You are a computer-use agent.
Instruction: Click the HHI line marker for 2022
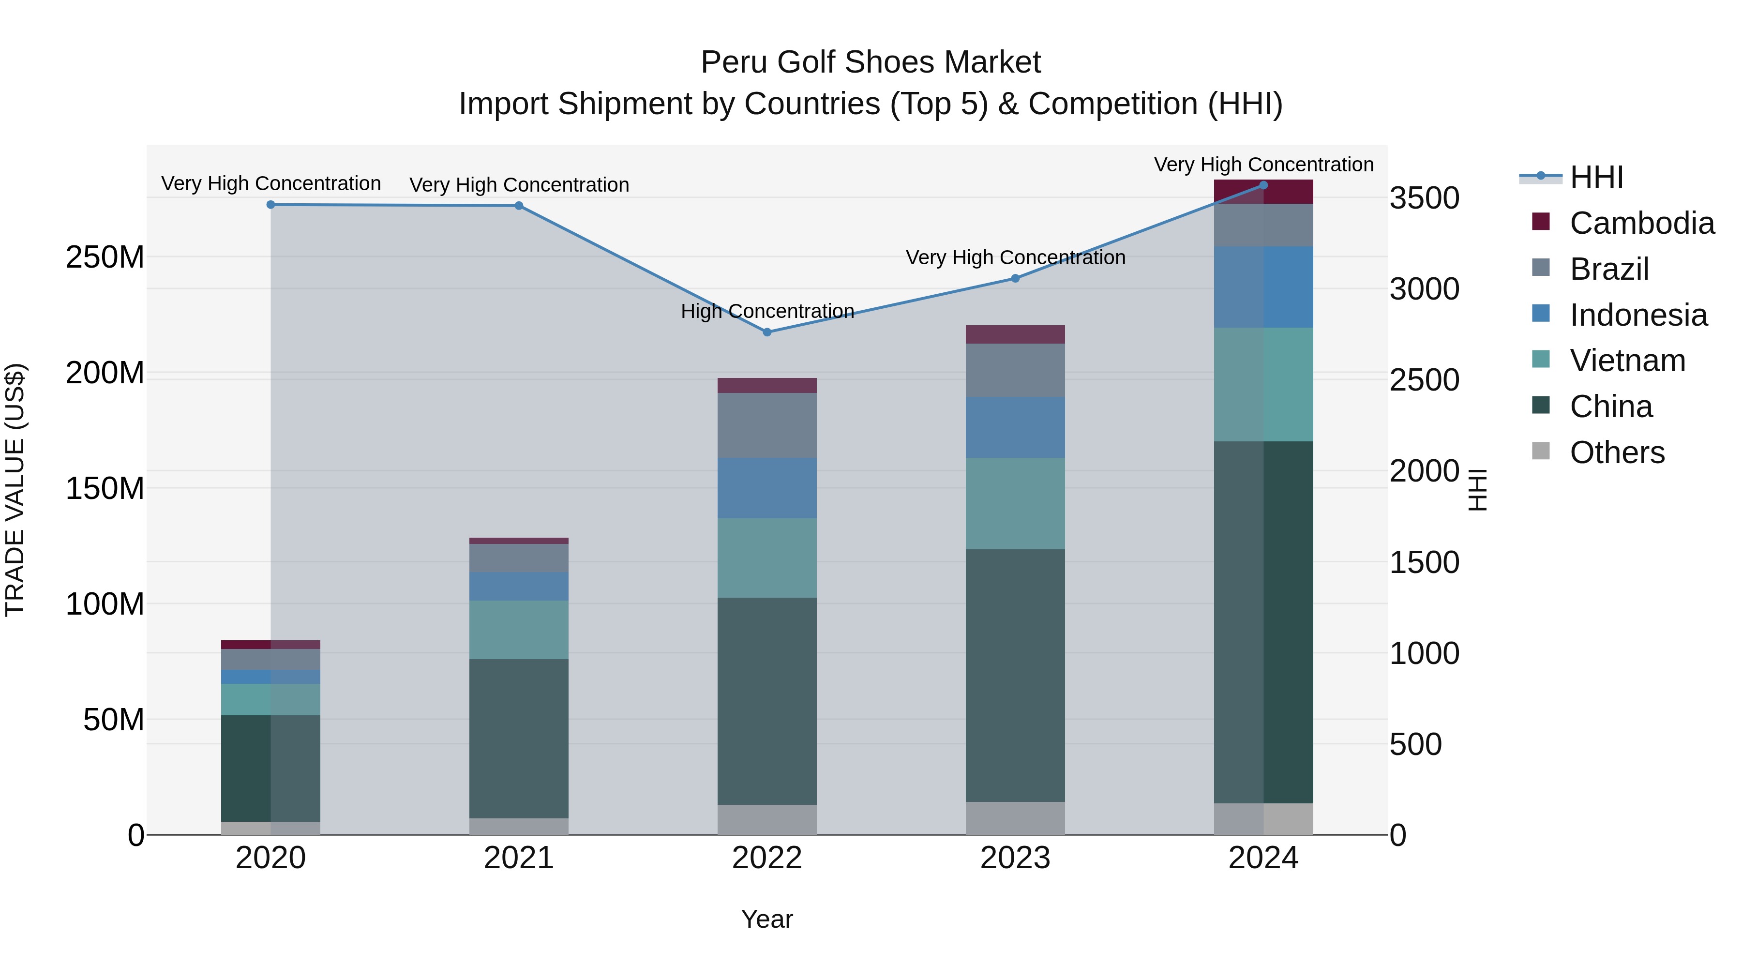[x=767, y=332]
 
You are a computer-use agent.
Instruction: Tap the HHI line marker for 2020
[x=270, y=204]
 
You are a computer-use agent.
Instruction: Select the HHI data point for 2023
[x=1015, y=278]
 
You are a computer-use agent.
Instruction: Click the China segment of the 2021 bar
[x=519, y=738]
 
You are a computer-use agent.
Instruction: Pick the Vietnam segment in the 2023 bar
[x=1015, y=503]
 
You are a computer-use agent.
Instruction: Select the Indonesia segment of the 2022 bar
[x=767, y=488]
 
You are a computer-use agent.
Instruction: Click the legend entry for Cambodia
[x=1641, y=223]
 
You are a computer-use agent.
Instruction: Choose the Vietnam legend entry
[x=1627, y=361]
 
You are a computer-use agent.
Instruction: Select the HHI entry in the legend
[x=1596, y=177]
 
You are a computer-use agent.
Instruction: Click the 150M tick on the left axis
[x=105, y=488]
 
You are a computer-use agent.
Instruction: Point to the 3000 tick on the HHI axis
[x=1424, y=289]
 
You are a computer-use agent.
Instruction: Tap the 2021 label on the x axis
[x=519, y=858]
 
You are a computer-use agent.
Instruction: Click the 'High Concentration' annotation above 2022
[x=767, y=311]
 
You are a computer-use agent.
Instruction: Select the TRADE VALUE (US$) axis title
[x=15, y=490]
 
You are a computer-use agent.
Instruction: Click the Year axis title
[x=767, y=919]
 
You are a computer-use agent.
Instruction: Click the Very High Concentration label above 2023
[x=1015, y=257]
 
